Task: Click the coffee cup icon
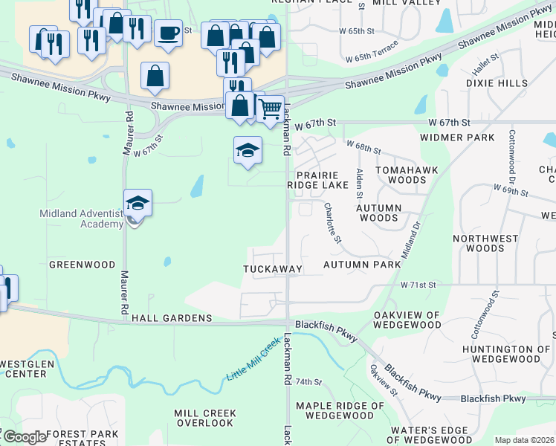169,33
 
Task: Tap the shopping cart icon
271,108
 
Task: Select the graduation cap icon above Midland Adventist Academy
138,202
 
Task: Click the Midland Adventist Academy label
80,219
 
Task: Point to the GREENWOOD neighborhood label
82,265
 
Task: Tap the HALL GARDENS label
172,318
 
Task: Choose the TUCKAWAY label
273,269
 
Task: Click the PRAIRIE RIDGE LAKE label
318,179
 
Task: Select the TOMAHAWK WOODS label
401,175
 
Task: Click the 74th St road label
308,381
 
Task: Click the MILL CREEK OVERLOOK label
205,418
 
